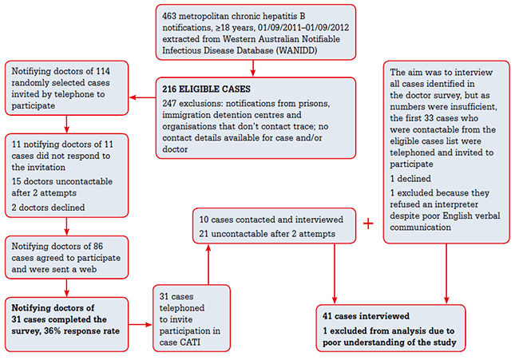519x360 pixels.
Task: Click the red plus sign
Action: [368, 224]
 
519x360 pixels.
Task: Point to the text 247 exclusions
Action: [196, 104]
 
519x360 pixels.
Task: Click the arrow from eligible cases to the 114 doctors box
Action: [143, 98]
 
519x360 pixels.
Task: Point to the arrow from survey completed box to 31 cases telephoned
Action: [141, 325]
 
